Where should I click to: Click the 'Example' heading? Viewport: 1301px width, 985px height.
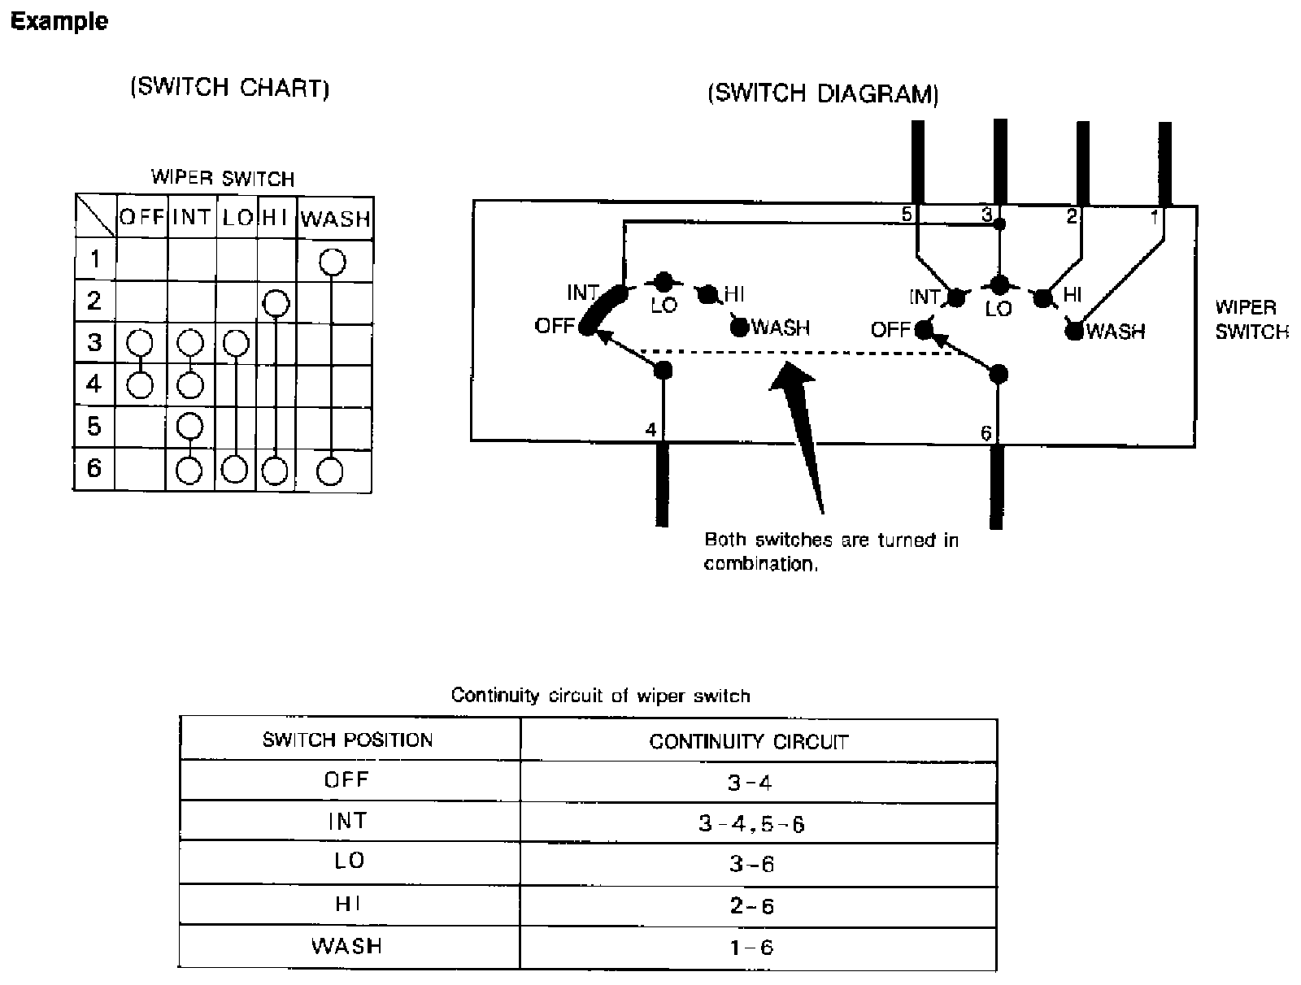59,21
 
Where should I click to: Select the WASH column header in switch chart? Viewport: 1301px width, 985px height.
335,219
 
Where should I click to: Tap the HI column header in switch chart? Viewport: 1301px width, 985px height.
276,218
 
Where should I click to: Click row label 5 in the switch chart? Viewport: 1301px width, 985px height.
94,425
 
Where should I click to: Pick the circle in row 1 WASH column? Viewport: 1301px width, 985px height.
333,262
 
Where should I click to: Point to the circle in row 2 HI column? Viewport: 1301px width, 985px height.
276,303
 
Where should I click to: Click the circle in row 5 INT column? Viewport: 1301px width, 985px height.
189,425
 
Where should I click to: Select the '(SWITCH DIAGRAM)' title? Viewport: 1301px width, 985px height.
823,94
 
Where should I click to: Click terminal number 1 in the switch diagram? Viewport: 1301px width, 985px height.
1154,216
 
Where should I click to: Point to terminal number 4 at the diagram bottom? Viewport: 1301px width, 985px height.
650,429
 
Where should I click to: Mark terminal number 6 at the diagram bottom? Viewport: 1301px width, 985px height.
986,433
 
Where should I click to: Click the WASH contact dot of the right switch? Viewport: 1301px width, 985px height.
1074,331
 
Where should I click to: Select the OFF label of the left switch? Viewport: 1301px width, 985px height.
555,326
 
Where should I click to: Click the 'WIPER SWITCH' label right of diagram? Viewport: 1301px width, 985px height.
1251,319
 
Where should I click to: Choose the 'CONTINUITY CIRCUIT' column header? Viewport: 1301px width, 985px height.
748,741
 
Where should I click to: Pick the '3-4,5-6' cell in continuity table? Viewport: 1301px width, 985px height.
751,824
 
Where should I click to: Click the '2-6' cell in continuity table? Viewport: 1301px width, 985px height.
751,905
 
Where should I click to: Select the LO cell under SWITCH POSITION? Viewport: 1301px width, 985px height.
349,861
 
